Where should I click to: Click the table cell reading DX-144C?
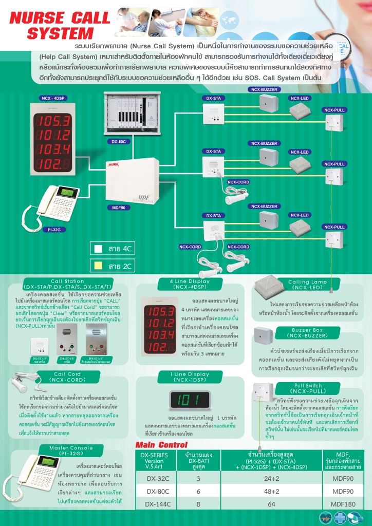click(x=155, y=504)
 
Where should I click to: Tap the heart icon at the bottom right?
click(x=325, y=518)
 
